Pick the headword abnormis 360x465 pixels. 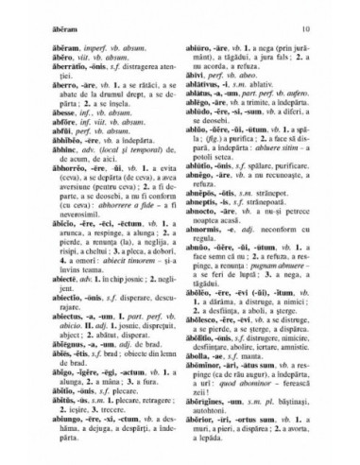tap(205, 276)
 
